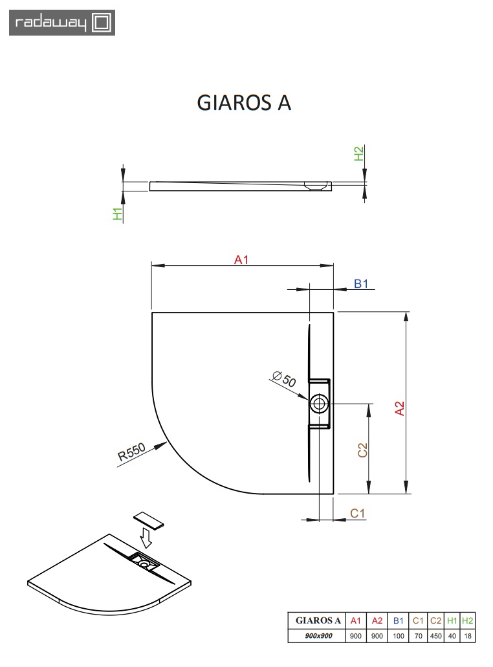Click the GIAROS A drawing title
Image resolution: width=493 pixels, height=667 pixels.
(x=244, y=103)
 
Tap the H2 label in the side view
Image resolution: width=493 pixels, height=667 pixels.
(x=358, y=154)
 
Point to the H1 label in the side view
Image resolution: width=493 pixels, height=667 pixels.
(x=118, y=215)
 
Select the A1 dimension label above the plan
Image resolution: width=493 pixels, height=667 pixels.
(x=241, y=259)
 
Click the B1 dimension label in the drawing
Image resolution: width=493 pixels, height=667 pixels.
(x=360, y=283)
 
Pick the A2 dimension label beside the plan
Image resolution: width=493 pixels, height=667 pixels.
(x=400, y=408)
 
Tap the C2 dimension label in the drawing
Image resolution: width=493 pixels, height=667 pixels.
(x=363, y=450)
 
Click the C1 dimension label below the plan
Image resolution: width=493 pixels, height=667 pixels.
(x=358, y=513)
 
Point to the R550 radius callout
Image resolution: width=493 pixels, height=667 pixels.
(x=131, y=453)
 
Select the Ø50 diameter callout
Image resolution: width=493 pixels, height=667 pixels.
(x=284, y=378)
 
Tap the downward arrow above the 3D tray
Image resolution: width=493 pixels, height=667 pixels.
(x=147, y=536)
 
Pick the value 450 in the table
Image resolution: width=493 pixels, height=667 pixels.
(x=435, y=636)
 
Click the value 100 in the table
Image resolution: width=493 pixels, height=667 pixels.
(x=399, y=636)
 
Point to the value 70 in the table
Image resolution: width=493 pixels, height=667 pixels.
(x=418, y=636)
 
